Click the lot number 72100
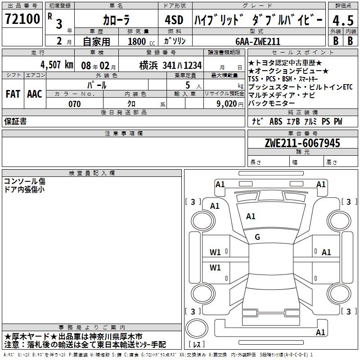[22, 19]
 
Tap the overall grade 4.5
[343, 20]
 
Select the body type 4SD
[174, 20]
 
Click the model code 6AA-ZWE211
[258, 41]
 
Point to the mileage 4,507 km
[57, 65]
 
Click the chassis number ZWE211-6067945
[302, 143]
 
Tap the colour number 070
[75, 104]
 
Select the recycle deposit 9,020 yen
[230, 104]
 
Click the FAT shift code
[13, 94]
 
